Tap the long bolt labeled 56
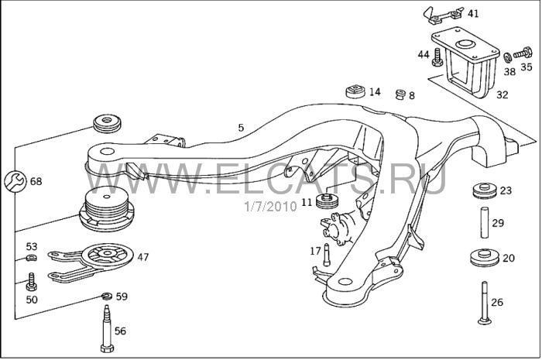point(107,328)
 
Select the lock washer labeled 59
point(107,296)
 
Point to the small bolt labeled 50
point(32,282)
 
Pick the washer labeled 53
point(32,257)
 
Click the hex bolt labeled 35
point(523,53)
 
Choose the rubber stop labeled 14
point(355,91)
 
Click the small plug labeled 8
point(400,94)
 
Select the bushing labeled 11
point(327,201)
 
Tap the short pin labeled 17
point(326,255)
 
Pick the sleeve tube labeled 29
point(485,222)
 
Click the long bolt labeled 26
point(485,303)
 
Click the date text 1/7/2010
point(271,206)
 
